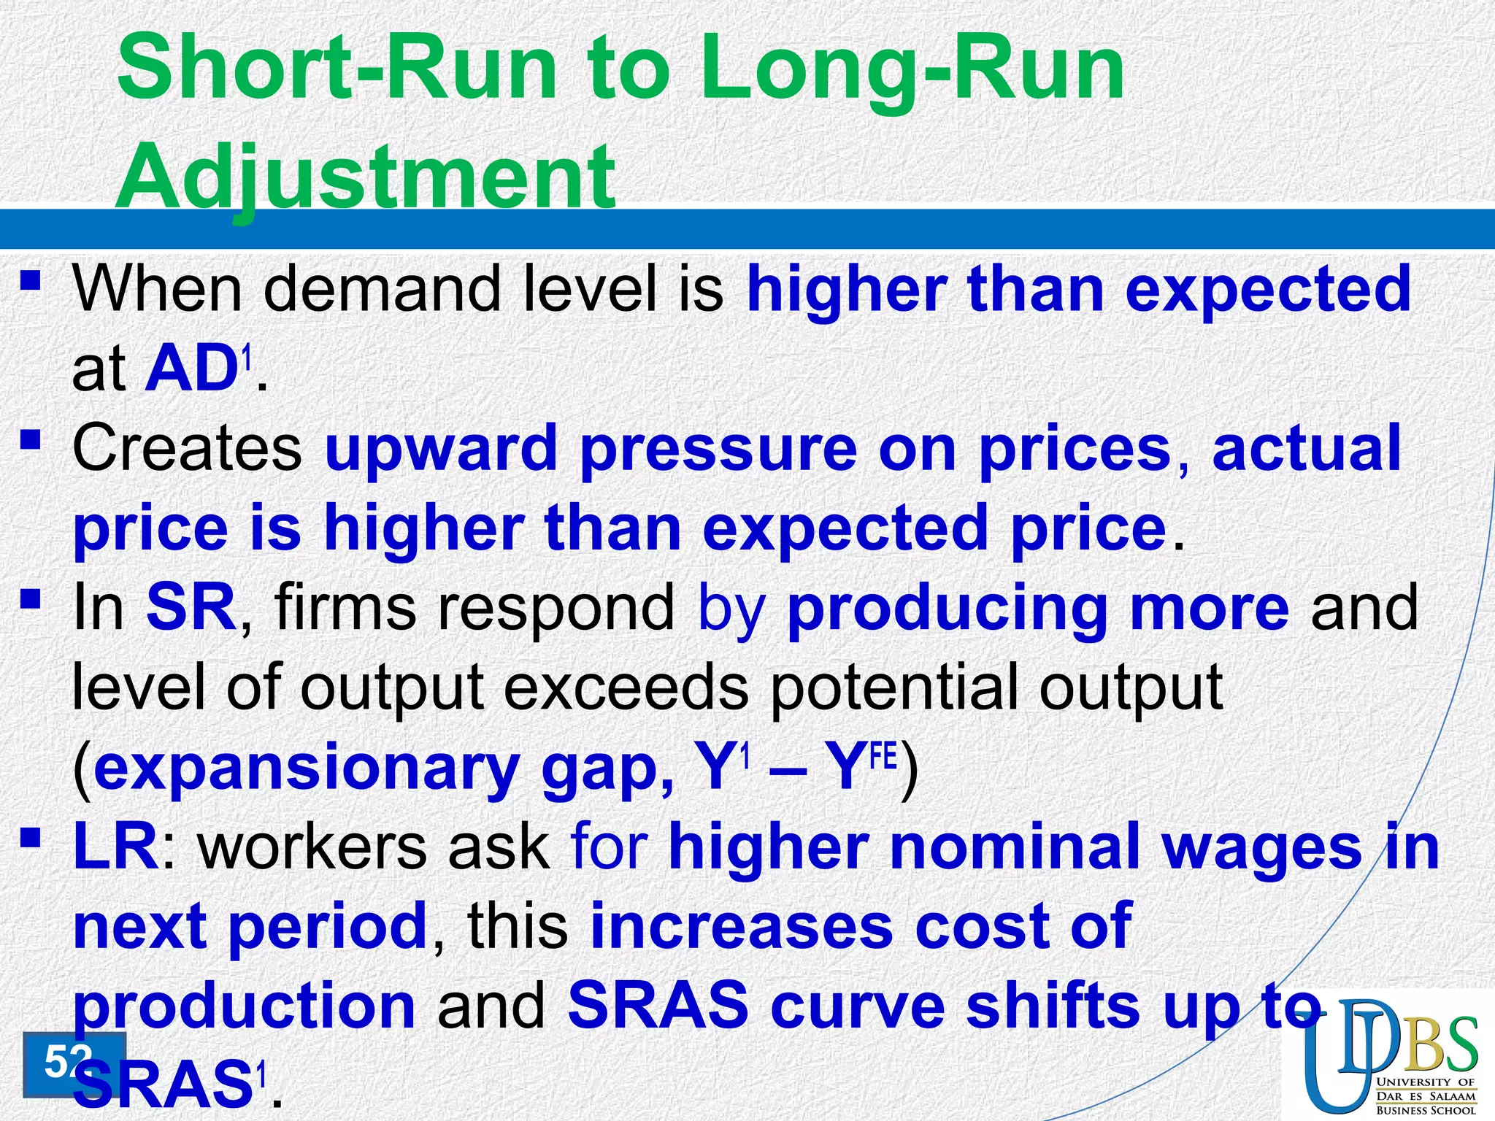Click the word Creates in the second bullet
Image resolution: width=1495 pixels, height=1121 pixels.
[x=187, y=448]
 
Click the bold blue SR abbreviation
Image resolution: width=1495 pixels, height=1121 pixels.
[x=191, y=607]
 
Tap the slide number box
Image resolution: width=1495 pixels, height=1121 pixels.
[x=73, y=1063]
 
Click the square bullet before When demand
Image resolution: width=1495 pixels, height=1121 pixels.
[x=30, y=280]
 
